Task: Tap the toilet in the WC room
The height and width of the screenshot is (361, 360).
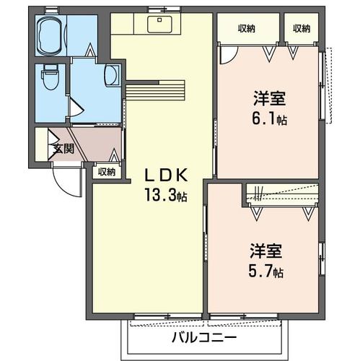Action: (51, 77)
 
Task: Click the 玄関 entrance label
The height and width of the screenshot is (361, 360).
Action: (63, 149)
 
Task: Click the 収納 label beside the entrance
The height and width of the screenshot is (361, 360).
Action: (106, 171)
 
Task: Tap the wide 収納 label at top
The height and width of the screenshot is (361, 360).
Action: (247, 28)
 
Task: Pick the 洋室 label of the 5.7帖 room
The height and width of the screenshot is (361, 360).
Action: (266, 251)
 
